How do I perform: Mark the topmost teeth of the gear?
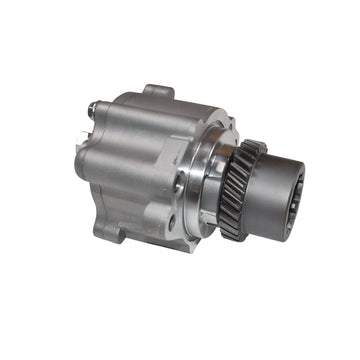click(x=256, y=147)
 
